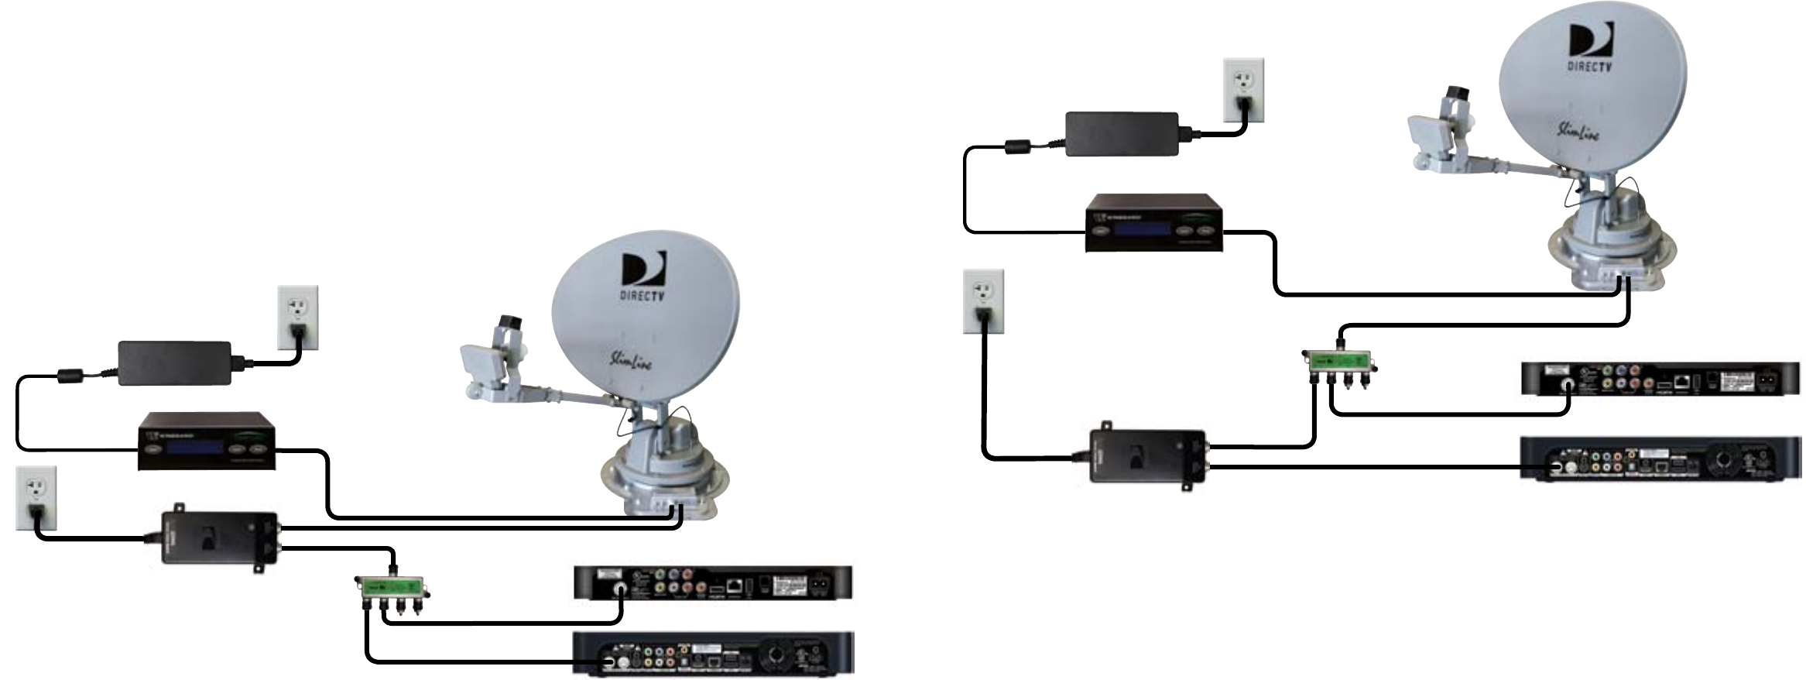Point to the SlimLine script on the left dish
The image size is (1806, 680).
[630, 360]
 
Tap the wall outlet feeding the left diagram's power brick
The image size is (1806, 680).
[298, 318]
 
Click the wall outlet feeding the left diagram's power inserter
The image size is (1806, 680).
[36, 497]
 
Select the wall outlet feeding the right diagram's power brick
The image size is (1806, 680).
[1243, 89]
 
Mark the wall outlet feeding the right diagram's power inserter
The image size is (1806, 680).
[983, 301]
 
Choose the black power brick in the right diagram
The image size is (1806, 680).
[1122, 134]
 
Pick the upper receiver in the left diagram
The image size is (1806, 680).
[712, 583]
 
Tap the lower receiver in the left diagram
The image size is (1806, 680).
[712, 653]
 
